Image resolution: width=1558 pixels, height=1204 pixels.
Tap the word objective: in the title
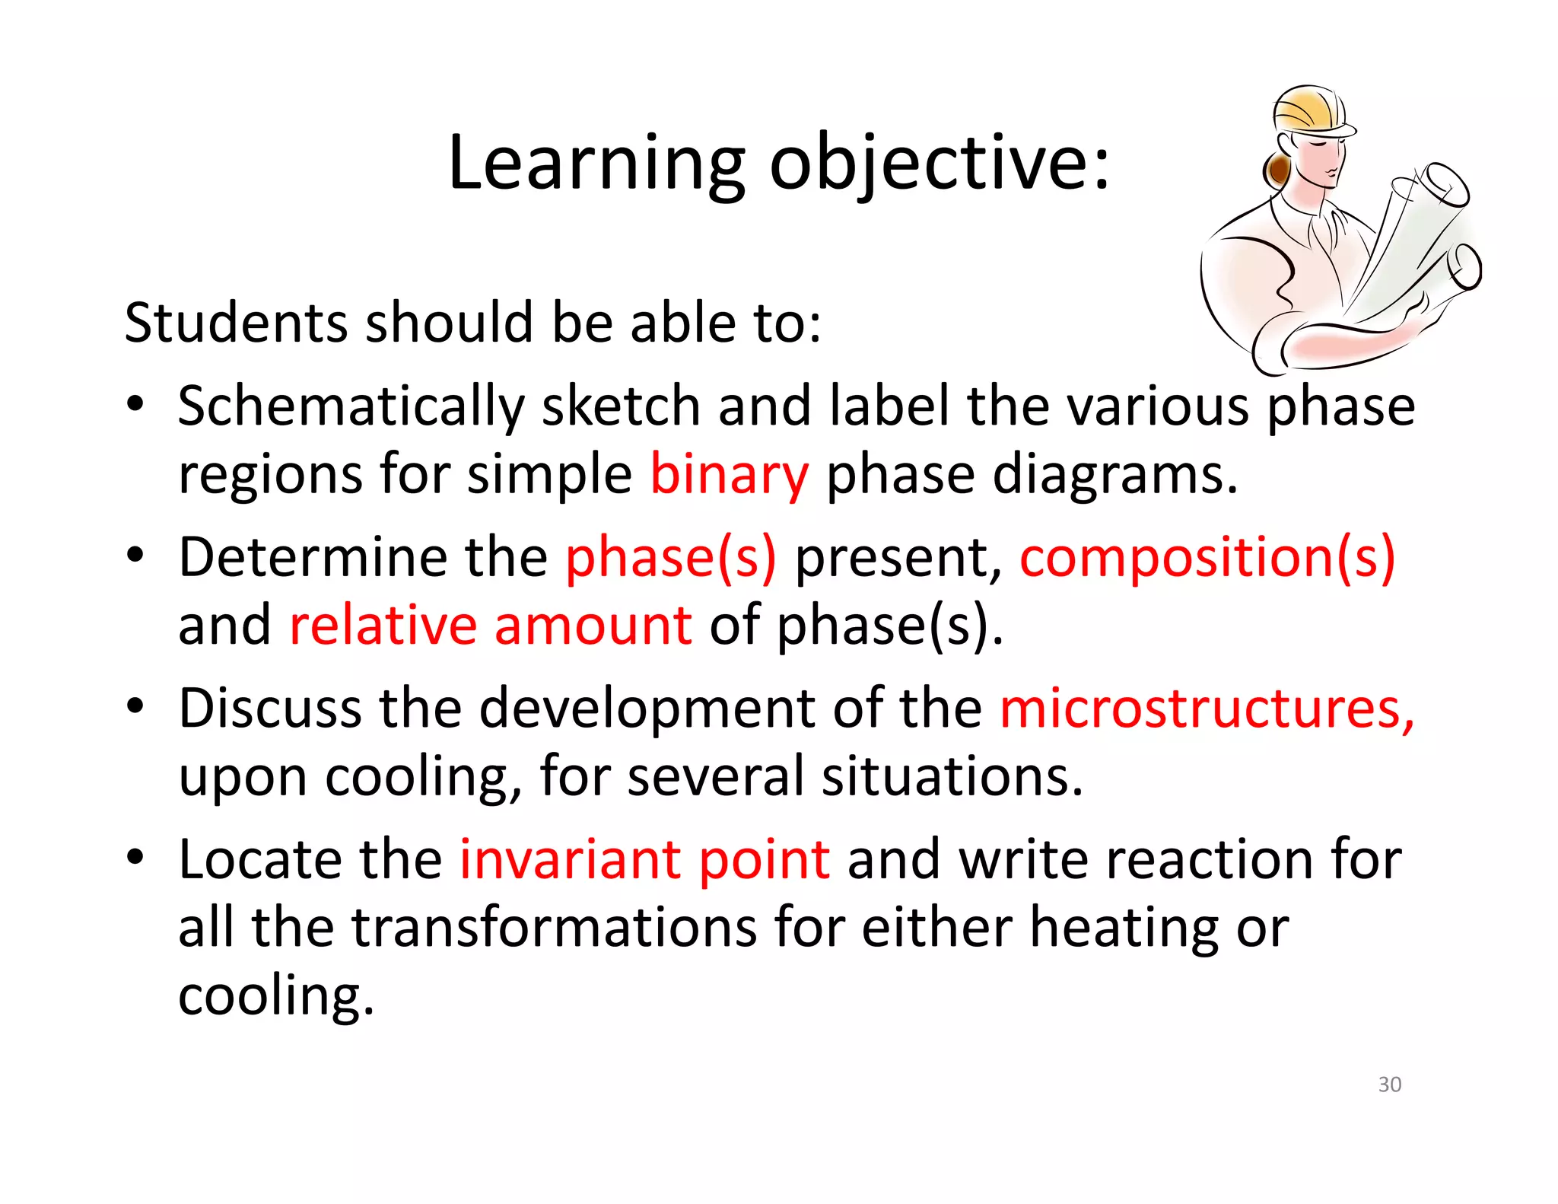point(940,163)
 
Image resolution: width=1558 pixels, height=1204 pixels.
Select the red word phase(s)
point(670,557)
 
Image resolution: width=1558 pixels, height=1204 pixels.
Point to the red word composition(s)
point(1207,557)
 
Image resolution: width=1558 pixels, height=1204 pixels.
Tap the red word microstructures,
point(1207,708)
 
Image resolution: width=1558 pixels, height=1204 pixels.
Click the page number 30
point(1389,1084)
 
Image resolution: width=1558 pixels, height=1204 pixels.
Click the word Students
point(235,323)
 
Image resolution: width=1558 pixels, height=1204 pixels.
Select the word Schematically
point(351,406)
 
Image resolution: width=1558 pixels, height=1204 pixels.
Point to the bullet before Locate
point(135,857)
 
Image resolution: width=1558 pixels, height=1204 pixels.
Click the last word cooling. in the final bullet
point(276,995)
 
